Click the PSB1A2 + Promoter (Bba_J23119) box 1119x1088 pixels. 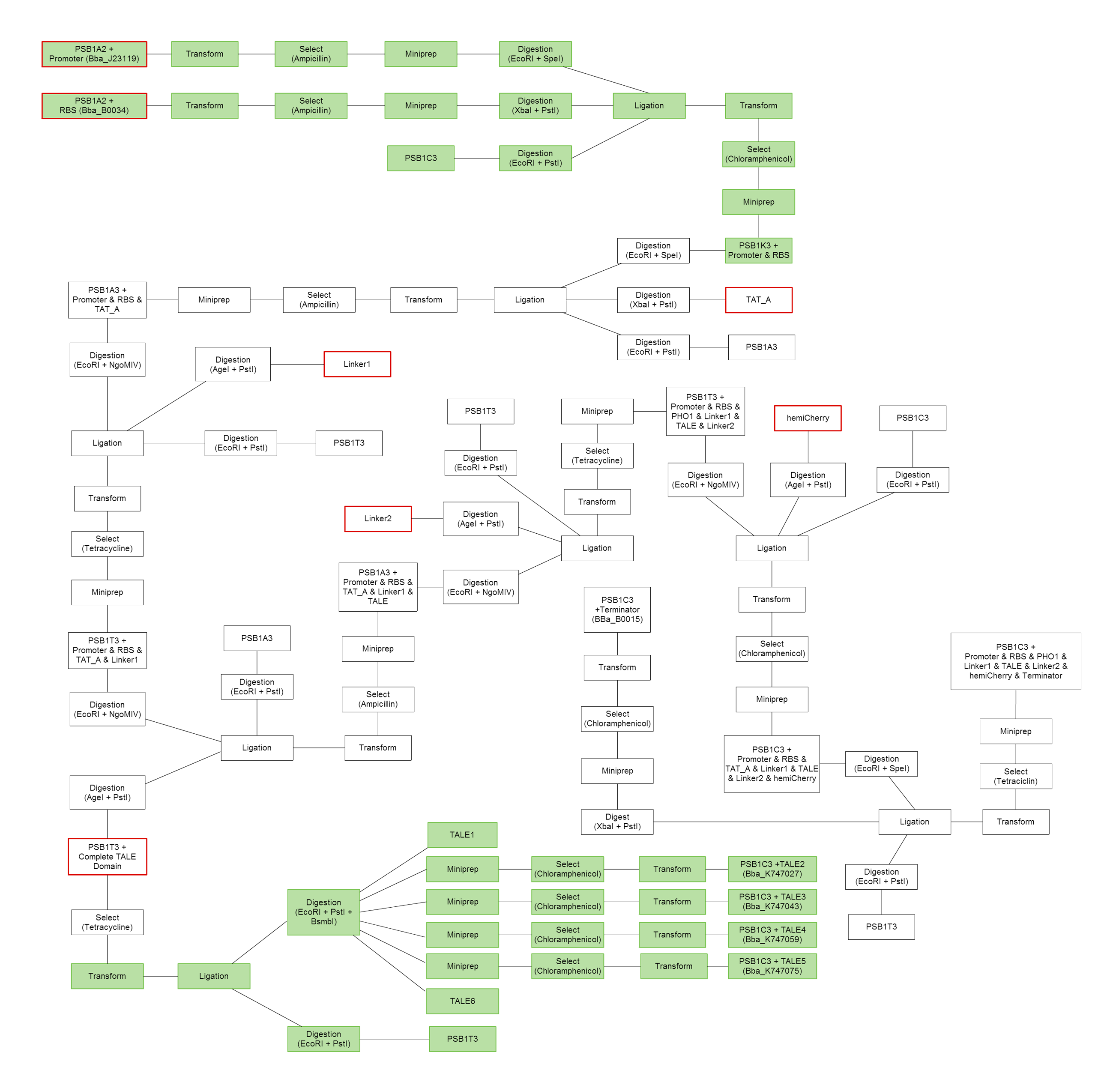[94, 54]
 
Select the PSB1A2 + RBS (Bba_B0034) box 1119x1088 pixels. [94, 106]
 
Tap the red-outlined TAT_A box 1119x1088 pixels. [758, 300]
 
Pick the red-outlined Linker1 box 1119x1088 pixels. [357, 364]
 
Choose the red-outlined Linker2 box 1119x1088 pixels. [378, 519]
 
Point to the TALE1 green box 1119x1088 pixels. [462, 835]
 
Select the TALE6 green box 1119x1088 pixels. [462, 1001]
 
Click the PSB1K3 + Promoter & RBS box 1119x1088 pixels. [758, 250]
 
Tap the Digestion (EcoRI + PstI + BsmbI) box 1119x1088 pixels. [323, 912]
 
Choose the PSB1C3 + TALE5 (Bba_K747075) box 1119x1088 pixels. [772, 966]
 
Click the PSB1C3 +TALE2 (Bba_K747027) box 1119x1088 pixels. [772, 869]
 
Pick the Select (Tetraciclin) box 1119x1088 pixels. [1016, 776]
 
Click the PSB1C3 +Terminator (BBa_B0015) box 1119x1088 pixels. [617, 610]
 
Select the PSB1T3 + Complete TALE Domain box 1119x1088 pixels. [108, 857]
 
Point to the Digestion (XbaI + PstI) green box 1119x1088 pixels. [535, 106]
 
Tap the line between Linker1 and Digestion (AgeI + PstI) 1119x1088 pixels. [297, 364]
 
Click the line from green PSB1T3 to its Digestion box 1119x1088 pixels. [394, 1039]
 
